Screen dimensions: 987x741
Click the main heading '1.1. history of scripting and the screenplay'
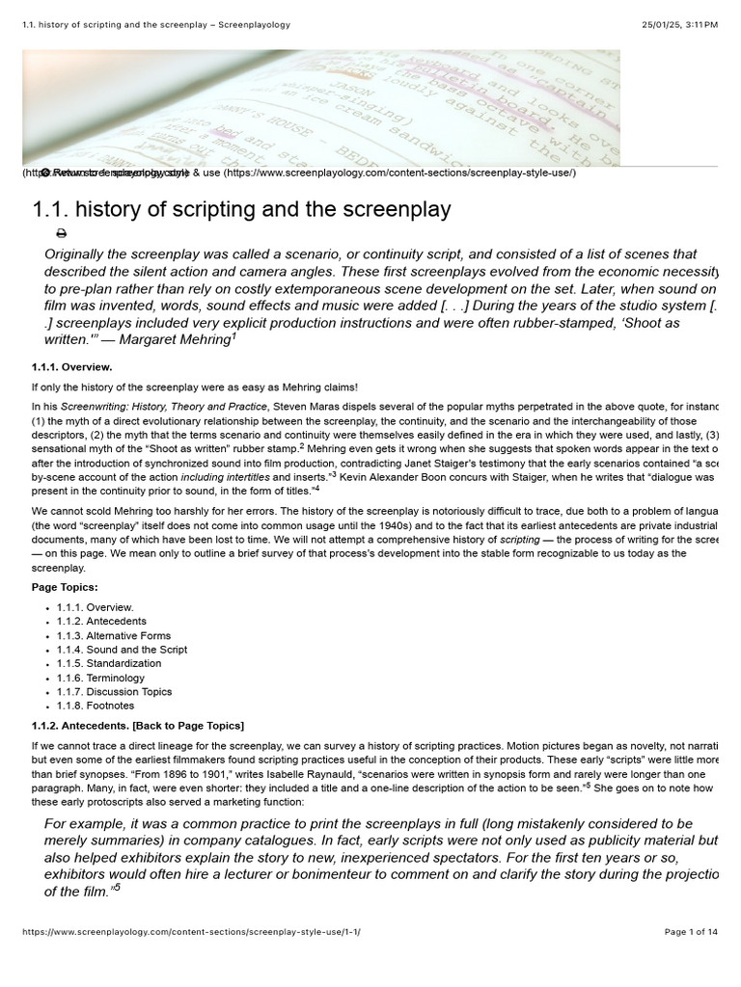click(241, 209)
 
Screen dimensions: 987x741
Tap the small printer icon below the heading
click(62, 233)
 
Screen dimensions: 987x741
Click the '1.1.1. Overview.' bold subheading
click(71, 367)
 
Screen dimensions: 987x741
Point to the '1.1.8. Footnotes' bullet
click(96, 706)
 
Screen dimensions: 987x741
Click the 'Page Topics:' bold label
click(65, 587)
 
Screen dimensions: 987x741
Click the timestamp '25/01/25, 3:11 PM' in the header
click(678, 24)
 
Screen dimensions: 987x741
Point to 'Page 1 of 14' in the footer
click(691, 932)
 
